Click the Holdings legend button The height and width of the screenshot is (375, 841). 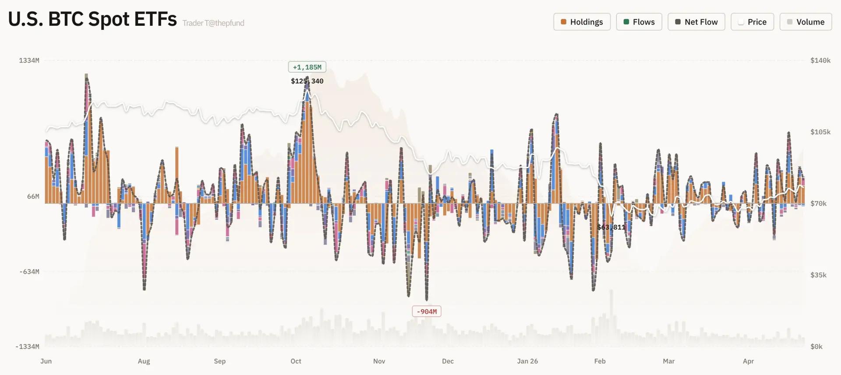(x=582, y=22)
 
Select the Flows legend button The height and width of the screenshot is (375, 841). (x=639, y=22)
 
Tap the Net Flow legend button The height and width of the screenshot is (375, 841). (x=696, y=22)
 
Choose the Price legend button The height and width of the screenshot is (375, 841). (x=752, y=22)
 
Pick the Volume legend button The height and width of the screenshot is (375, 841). (x=806, y=22)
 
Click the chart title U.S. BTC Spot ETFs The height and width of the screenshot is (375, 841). (x=92, y=19)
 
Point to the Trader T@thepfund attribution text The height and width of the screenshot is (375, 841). (x=213, y=23)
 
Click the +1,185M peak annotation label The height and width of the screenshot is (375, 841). (x=307, y=67)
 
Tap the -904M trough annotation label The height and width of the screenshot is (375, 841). (x=427, y=311)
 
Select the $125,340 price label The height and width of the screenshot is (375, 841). (x=307, y=81)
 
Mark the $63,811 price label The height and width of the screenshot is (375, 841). (x=611, y=227)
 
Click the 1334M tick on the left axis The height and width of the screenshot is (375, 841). (x=29, y=60)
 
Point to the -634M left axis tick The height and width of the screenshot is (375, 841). (x=29, y=272)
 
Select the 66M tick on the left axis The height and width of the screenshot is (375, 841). (x=33, y=197)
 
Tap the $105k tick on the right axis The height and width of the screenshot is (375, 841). (x=820, y=132)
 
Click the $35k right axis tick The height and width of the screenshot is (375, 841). (x=818, y=275)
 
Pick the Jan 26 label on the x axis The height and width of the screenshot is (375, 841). (x=527, y=361)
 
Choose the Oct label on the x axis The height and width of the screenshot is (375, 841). (x=296, y=361)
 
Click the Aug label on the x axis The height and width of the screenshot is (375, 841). (x=144, y=361)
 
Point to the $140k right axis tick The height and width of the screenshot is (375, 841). (x=820, y=60)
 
